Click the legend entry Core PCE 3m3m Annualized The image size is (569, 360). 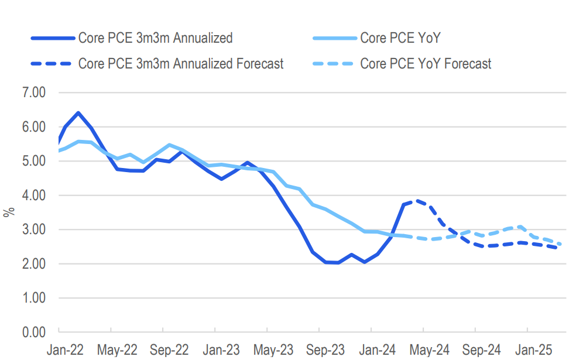click(x=155, y=38)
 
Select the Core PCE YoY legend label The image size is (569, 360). click(x=400, y=38)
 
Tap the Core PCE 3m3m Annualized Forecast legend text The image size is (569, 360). click(x=181, y=63)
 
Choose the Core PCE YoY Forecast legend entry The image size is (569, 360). click(x=426, y=63)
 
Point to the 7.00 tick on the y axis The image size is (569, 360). click(x=34, y=92)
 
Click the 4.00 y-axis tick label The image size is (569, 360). click(x=34, y=196)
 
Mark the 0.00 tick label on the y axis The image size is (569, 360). click(x=34, y=332)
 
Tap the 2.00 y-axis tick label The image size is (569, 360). click(x=34, y=264)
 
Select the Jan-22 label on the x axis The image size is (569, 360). click(x=65, y=350)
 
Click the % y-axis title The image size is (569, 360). click(x=9, y=212)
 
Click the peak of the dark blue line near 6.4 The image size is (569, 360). click(x=78, y=112)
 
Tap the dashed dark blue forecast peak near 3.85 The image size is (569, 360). click(x=417, y=200)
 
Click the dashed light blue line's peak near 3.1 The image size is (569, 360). click(x=520, y=226)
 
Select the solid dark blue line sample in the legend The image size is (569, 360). click(x=53, y=38)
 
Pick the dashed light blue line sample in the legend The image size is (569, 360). click(x=334, y=63)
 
